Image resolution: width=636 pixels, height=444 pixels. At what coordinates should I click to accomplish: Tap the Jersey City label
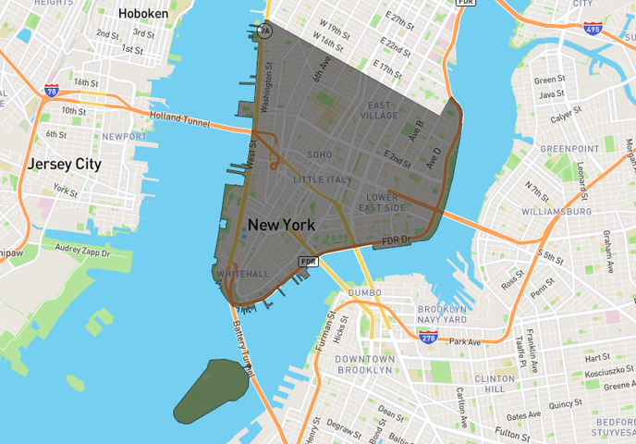pos(64,164)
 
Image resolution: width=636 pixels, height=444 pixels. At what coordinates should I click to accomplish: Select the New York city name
pos(281,225)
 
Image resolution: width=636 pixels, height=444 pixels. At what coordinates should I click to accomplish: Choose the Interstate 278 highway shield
pos(429,339)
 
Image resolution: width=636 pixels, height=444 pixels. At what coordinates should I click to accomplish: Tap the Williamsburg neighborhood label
pos(556,212)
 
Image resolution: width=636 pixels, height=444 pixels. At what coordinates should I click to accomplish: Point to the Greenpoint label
pos(570,148)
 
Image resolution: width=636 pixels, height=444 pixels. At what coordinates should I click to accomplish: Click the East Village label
pos(378,110)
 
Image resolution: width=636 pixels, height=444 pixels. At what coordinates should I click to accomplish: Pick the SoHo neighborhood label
pos(319,154)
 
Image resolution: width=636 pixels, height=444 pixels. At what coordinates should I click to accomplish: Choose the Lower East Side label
pos(382,203)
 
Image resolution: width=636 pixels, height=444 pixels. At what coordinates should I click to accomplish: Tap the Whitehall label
pos(241,274)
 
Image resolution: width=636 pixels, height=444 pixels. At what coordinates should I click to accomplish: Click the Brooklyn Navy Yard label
pos(443,314)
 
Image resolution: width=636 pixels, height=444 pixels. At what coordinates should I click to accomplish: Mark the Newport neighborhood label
pos(124,137)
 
